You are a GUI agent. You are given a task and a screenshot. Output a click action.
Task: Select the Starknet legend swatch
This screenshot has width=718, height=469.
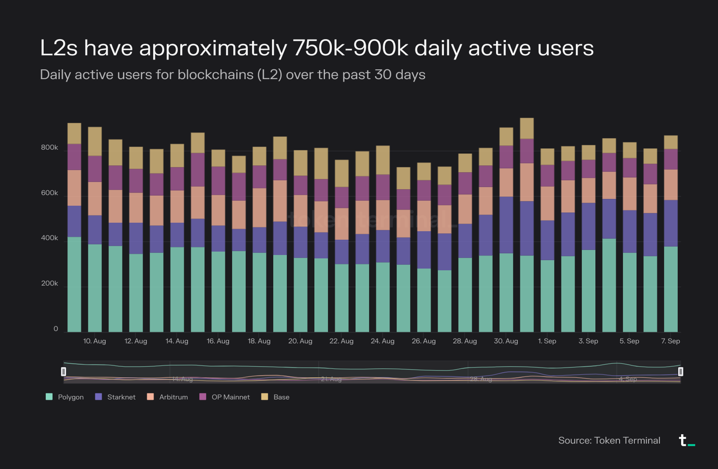(98, 397)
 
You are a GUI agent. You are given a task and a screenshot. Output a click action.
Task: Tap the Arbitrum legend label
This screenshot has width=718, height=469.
(174, 397)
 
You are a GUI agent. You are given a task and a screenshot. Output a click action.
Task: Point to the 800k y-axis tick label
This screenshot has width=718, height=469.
(50, 147)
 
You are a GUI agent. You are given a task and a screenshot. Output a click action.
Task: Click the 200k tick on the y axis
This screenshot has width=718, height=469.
(50, 283)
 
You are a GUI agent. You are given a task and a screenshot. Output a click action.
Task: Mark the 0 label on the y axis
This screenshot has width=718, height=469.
(56, 329)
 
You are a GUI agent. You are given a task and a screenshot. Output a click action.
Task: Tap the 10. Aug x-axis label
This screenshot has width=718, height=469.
(94, 341)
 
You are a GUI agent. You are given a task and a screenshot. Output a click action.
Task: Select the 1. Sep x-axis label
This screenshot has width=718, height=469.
(547, 341)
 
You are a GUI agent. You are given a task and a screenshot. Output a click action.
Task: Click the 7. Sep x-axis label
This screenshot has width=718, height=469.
(670, 341)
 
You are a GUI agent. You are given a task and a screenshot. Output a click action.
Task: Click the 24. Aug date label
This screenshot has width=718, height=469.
(383, 341)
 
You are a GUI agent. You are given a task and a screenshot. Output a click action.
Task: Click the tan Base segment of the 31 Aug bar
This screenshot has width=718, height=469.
(527, 128)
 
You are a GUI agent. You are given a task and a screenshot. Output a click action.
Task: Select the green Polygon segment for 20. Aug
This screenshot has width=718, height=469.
(300, 294)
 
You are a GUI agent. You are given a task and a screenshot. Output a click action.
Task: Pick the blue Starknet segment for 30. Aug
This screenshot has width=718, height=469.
(506, 225)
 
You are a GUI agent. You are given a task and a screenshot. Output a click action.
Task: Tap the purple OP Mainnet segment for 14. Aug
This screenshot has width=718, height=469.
(177, 179)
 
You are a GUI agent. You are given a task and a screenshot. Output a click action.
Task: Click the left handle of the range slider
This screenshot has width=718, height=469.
(63, 371)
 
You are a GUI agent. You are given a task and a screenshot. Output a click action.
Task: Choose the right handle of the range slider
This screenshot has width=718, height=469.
(681, 371)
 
